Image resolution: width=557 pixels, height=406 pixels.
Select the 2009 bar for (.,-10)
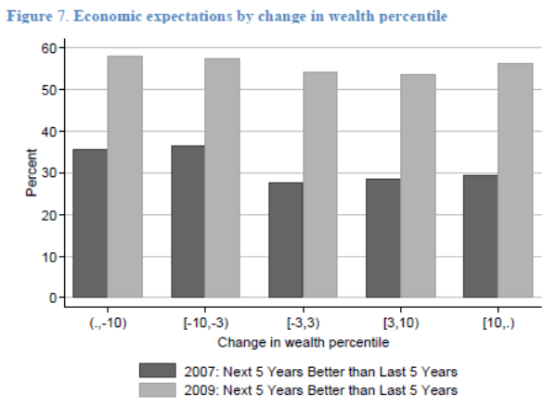(124, 176)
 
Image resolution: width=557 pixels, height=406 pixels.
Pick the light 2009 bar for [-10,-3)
(222, 177)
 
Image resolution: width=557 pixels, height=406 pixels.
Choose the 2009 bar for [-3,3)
(319, 184)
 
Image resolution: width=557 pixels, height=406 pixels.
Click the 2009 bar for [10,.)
(514, 180)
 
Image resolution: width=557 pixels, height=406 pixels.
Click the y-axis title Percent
(30, 172)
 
